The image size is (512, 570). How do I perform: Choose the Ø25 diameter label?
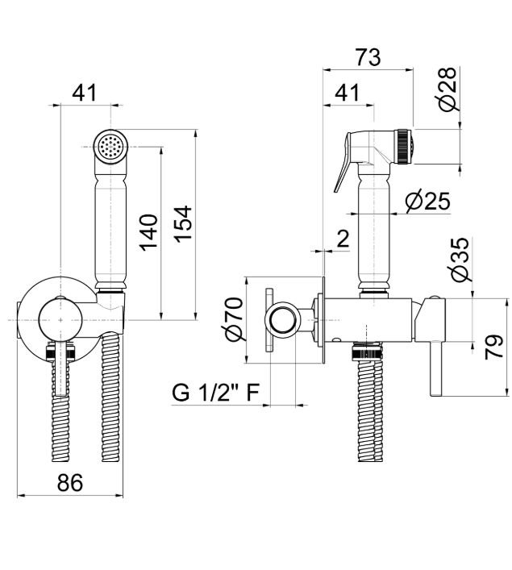[427, 201]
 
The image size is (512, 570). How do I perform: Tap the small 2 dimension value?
[343, 238]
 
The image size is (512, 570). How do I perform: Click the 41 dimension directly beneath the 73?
[346, 93]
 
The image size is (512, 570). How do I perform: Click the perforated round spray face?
[107, 147]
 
